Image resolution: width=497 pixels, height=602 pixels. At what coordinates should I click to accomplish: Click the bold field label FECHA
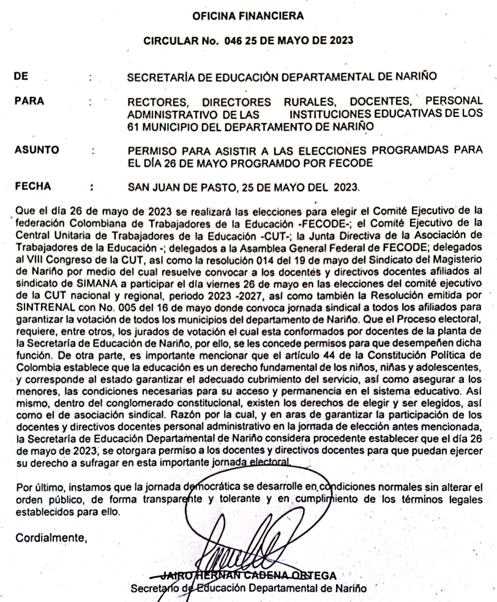click(x=35, y=182)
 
